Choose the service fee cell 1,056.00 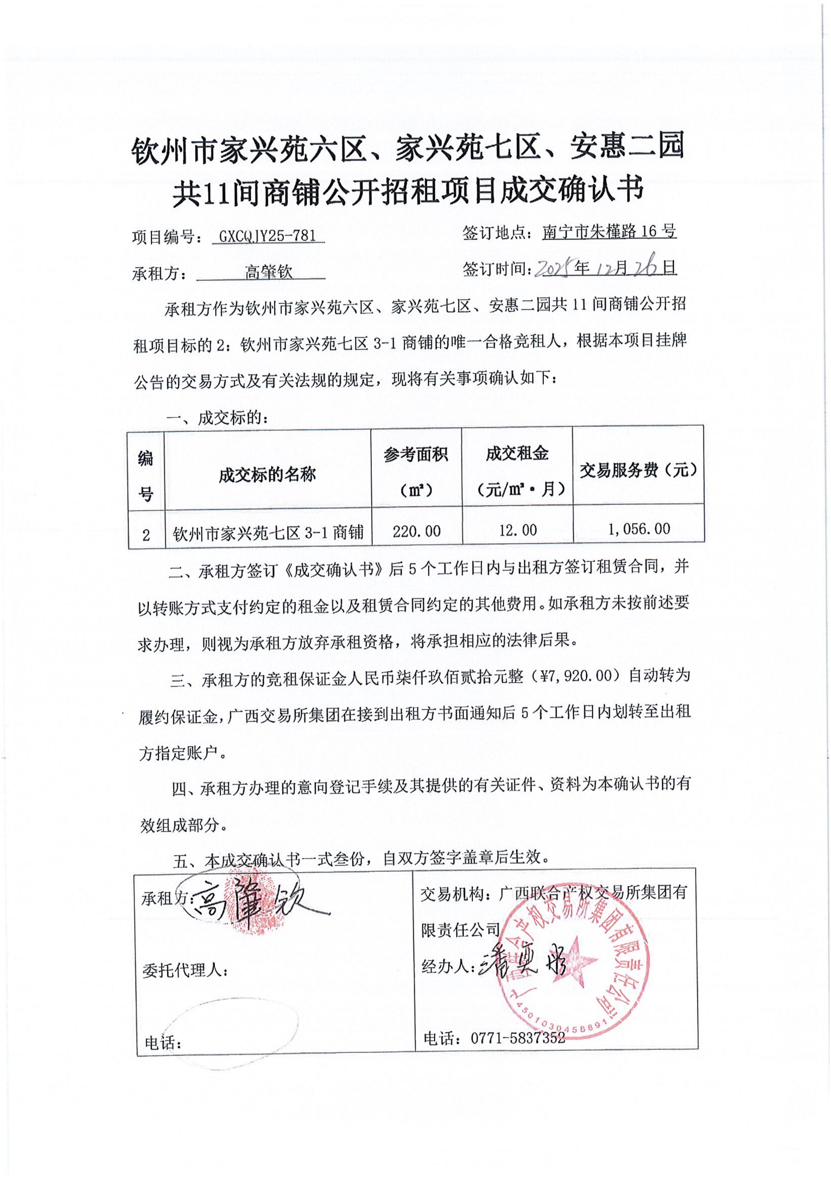638,529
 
